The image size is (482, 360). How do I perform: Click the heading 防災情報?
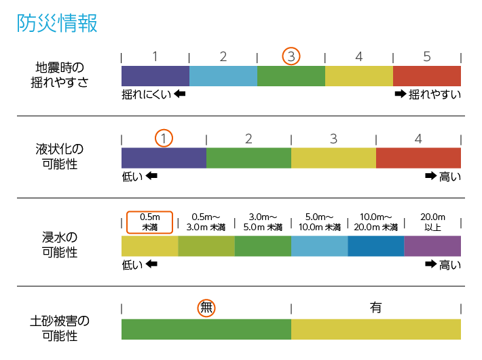coord(57,22)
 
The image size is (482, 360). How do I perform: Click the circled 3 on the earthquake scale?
coord(291,56)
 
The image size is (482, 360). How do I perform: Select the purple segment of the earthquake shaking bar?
coord(155,76)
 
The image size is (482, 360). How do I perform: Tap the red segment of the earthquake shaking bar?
coord(426,76)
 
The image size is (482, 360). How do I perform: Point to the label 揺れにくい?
coord(146,94)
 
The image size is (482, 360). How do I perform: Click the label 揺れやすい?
coord(434,94)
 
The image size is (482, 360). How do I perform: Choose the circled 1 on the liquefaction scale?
coord(164,139)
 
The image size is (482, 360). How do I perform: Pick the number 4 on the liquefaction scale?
coord(418,139)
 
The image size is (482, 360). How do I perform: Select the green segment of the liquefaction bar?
coord(248,158)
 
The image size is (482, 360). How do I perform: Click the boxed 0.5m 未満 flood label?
coord(149,222)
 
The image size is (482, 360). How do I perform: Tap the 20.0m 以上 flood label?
coord(432,222)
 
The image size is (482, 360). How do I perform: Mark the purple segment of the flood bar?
coord(432,246)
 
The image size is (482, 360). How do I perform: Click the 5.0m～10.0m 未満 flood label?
coord(319,222)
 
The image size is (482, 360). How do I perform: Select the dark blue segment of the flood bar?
coord(375,246)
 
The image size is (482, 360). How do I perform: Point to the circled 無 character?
coord(207,308)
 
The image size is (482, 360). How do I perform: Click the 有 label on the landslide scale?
coord(375,308)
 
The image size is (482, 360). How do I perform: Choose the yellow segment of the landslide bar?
coord(375,329)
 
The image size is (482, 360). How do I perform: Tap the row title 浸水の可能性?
coord(59,245)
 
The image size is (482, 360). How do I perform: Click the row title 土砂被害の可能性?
coord(59,327)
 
